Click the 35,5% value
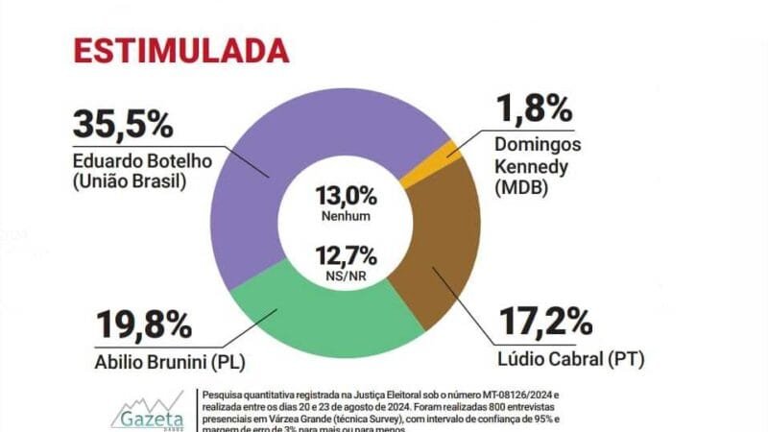coord(122,125)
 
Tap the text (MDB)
coord(522,189)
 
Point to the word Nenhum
coord(347,216)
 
